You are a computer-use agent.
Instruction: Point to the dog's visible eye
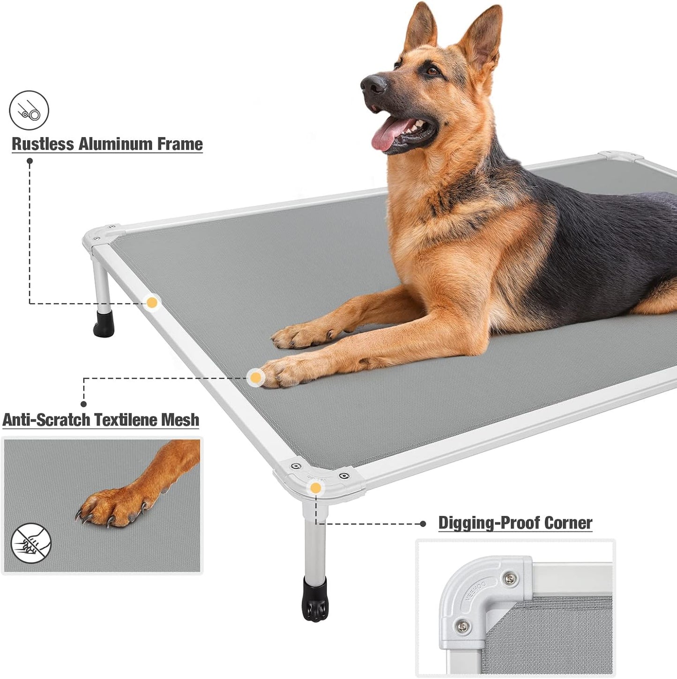432,71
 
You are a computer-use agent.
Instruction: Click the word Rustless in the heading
43,144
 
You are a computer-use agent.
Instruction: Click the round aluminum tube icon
29,111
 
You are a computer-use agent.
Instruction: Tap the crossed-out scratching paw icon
31,543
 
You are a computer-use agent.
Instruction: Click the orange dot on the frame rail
152,303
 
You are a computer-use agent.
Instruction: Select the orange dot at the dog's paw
255,377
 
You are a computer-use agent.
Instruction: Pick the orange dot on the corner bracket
316,488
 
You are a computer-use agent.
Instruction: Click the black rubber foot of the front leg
315,600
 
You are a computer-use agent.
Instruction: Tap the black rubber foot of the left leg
104,324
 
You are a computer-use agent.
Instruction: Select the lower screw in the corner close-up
463,625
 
